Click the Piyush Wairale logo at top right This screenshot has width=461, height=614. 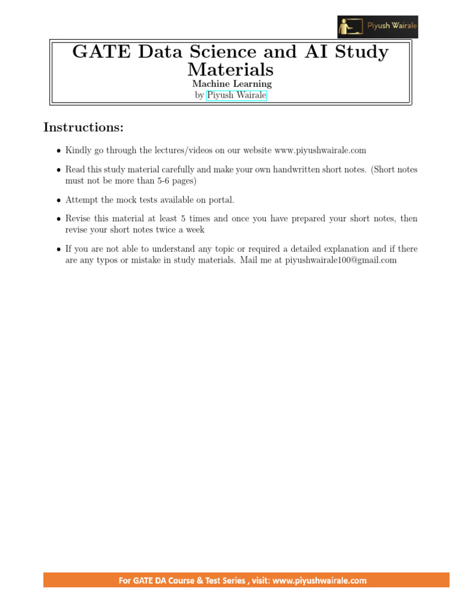377,27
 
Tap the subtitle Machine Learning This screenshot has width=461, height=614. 232,84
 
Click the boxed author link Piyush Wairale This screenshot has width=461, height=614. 237,95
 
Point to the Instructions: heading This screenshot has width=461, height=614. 83,127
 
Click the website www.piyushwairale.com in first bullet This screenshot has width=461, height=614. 320,151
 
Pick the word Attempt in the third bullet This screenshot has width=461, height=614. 80,200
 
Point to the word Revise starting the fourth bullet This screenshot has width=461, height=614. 79,219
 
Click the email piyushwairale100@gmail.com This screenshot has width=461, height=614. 341,260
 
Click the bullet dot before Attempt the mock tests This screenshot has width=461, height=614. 58,200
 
